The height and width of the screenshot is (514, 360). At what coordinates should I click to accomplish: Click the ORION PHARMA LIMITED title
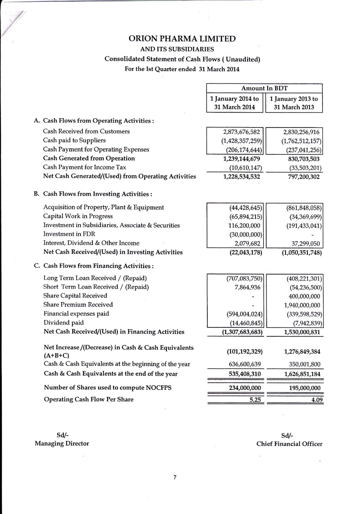click(x=182, y=39)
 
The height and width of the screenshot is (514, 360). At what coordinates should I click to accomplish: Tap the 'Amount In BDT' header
click(x=264, y=88)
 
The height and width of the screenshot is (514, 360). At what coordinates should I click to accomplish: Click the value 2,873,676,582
click(x=241, y=132)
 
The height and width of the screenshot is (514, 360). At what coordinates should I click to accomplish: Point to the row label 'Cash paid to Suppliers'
click(x=74, y=141)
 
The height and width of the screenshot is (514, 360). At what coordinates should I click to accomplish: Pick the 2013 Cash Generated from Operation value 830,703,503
click(x=299, y=158)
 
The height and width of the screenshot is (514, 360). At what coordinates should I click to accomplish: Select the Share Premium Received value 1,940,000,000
click(x=302, y=305)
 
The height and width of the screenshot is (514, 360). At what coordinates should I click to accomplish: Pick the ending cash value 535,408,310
click(x=241, y=373)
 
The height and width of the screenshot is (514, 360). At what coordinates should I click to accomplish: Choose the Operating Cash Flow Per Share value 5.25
click(x=255, y=399)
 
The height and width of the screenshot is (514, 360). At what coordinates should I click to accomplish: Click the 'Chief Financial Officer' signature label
click(x=289, y=444)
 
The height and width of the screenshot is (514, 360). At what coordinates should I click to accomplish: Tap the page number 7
click(x=175, y=478)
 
